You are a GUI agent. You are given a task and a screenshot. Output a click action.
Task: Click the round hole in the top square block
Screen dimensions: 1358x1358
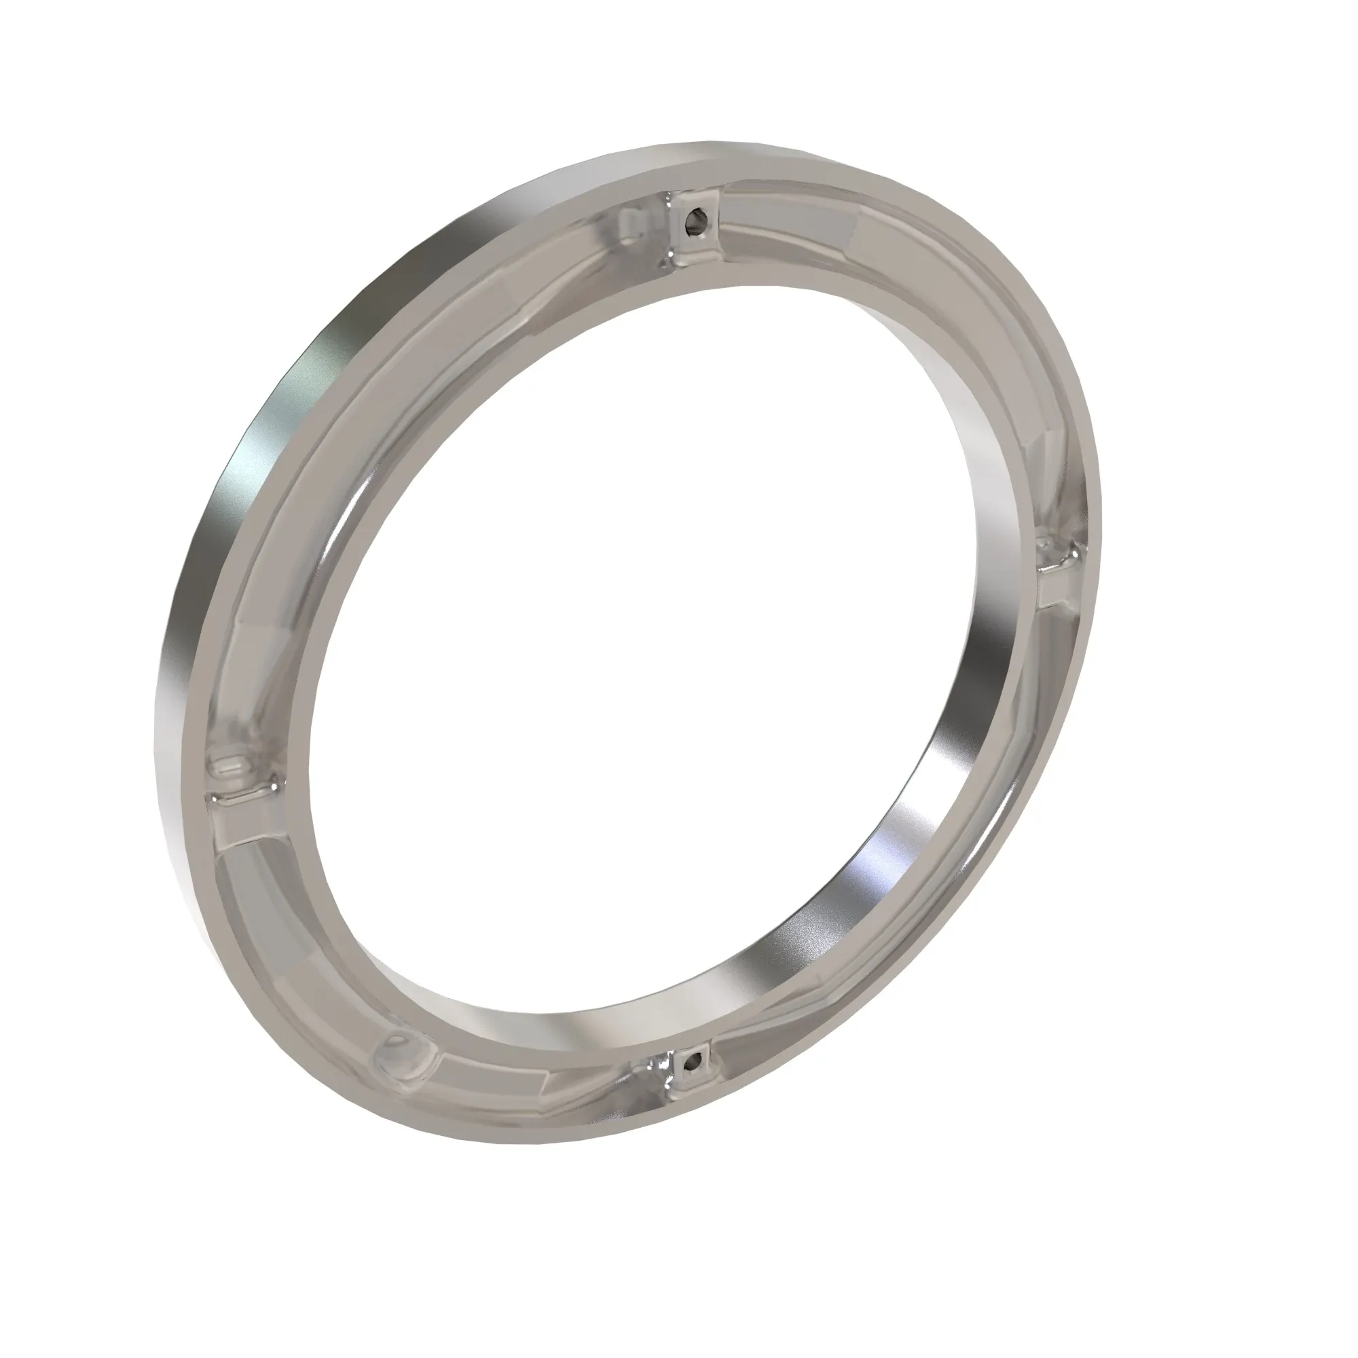(x=695, y=221)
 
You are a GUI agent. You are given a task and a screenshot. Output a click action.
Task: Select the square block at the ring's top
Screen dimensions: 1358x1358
(x=691, y=227)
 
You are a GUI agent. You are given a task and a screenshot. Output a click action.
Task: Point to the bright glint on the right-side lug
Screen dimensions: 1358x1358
(x=1071, y=559)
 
